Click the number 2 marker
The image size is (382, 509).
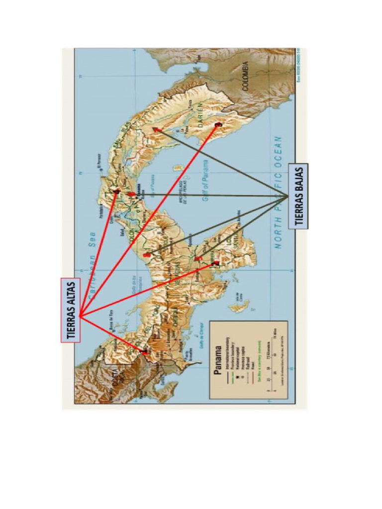pyautogui.click(x=214, y=263)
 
